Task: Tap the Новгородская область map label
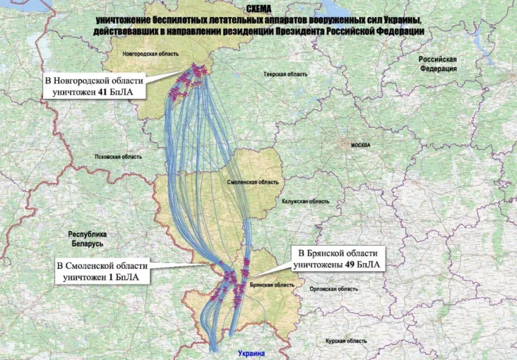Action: tap(151, 54)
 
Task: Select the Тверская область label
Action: tap(285, 74)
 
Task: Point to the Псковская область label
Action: tap(112, 157)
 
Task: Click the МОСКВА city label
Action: tap(360, 145)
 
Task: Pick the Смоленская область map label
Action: tap(253, 182)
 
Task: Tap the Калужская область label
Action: tap(305, 201)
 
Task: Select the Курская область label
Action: tap(346, 341)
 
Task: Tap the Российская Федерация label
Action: tap(438, 64)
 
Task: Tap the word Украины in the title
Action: tap(399, 20)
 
